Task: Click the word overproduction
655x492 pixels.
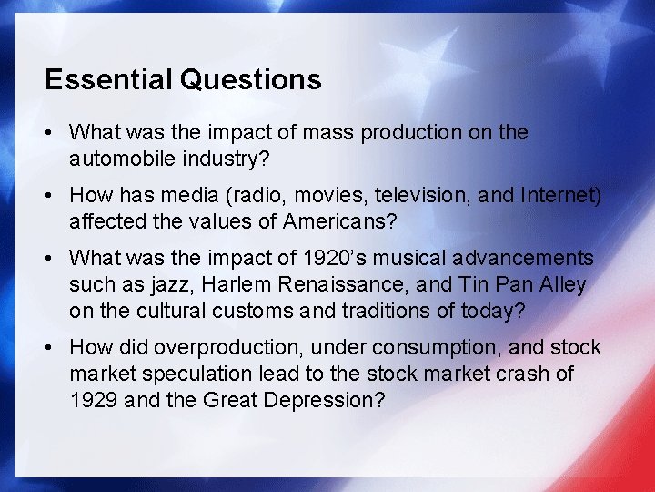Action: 217,347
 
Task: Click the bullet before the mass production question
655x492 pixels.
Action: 52,133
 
